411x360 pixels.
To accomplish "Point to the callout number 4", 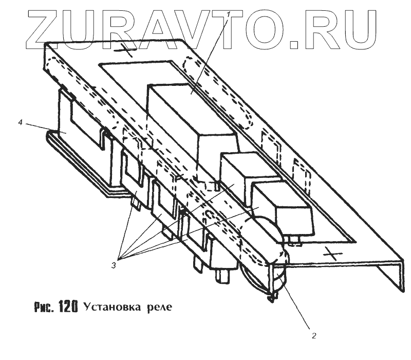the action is pyautogui.click(x=20, y=123).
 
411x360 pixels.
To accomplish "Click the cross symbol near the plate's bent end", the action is pyautogui.click(x=331, y=253).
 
